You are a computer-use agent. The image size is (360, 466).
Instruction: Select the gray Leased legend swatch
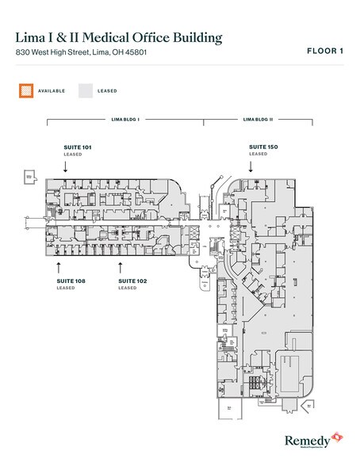pos(85,91)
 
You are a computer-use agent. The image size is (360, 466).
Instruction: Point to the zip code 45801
pos(132,52)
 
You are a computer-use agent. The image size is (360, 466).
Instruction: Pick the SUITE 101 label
pos(78,147)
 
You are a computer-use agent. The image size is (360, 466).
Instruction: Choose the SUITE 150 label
pos(262,147)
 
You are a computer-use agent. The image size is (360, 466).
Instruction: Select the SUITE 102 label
pos(132,281)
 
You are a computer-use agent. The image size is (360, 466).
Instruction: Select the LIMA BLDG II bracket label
pos(258,119)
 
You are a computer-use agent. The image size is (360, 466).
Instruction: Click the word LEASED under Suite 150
pos(258,155)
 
